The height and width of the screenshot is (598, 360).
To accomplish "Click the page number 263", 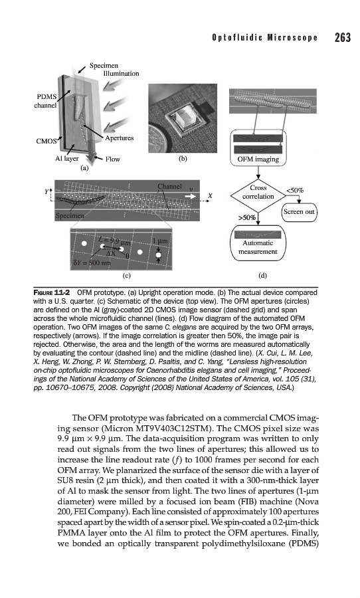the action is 343,37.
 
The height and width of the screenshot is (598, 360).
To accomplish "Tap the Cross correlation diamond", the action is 258,196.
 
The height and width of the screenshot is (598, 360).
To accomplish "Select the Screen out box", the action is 300,212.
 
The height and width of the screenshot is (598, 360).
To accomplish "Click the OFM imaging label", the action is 258,159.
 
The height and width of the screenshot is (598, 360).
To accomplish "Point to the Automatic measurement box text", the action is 258,247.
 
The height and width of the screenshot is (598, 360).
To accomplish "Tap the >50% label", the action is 247,218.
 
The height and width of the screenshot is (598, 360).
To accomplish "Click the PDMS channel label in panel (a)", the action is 45,101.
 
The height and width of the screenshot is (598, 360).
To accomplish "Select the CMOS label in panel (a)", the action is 46,141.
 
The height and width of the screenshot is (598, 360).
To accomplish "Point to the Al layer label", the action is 66,159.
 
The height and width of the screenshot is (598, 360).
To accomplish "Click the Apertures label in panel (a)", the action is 120,138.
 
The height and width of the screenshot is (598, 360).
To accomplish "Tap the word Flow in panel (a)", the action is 112,159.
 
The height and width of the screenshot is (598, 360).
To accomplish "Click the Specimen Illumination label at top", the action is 114,69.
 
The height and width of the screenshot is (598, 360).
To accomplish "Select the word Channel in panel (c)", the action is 169,187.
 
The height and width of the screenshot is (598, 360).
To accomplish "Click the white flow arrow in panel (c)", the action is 190,196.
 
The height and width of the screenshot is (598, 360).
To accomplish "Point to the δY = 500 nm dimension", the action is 91,263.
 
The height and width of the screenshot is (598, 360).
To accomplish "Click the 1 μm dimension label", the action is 160,241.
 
